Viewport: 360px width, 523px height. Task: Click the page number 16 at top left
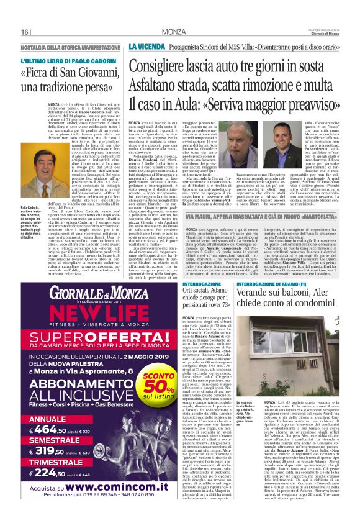coord(25,31)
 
